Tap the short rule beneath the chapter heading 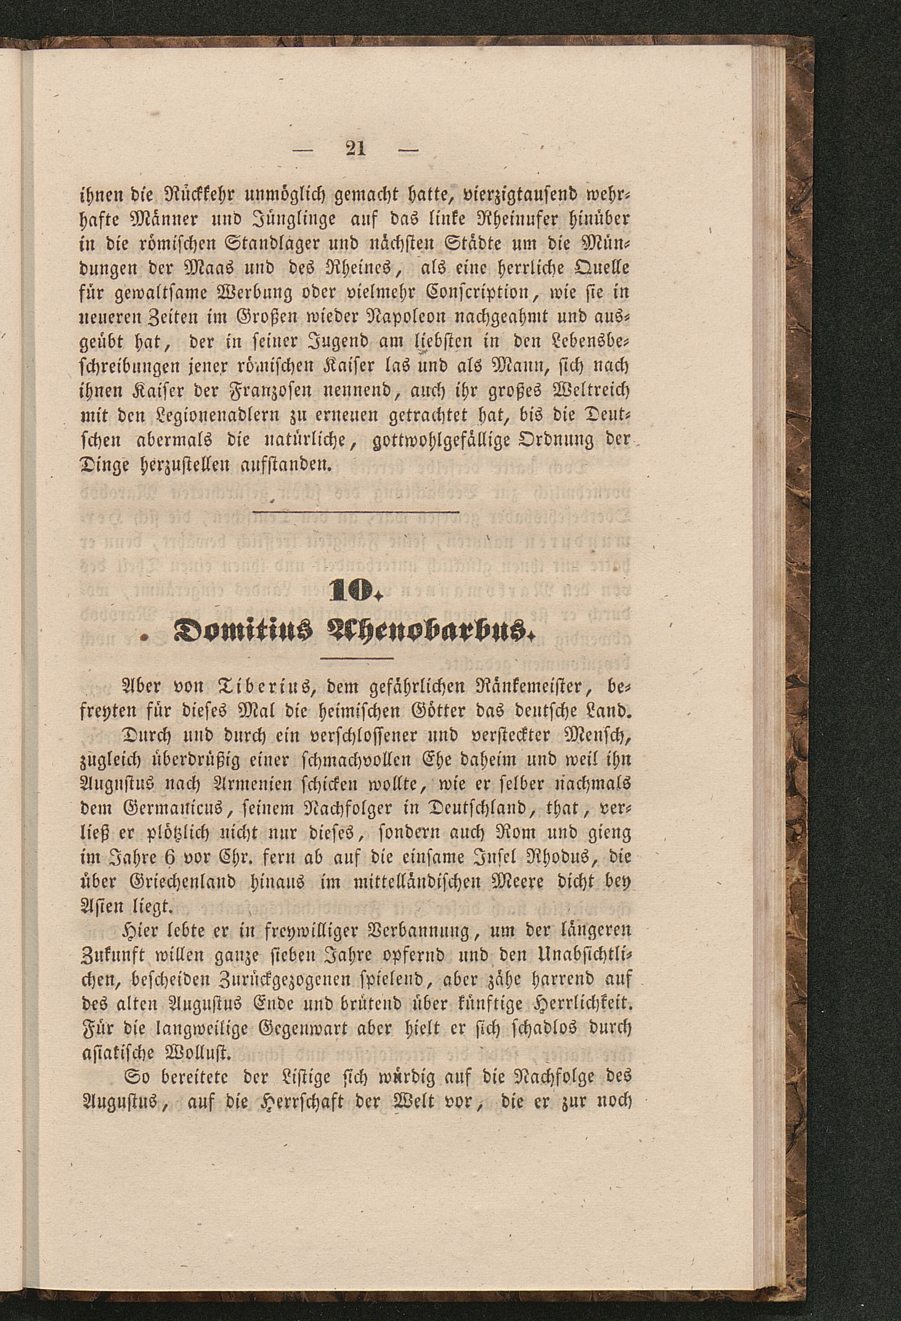tap(357, 659)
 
